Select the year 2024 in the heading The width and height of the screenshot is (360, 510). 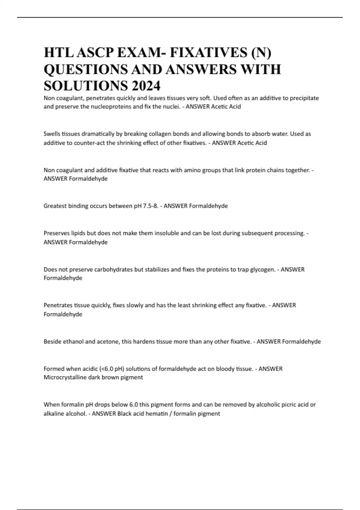[145, 86]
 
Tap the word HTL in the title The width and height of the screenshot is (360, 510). [58, 53]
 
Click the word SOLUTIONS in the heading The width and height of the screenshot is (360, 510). [85, 86]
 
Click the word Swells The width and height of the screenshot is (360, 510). [52, 134]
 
